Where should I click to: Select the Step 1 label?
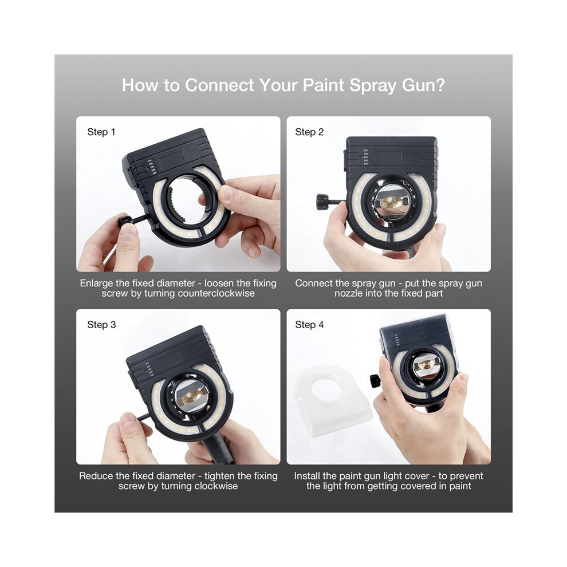(101, 132)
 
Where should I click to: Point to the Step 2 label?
(309, 132)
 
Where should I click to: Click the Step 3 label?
(101, 325)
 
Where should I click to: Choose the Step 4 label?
(309, 325)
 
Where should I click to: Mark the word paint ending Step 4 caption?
(460, 486)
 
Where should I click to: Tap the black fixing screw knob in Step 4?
(375, 381)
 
